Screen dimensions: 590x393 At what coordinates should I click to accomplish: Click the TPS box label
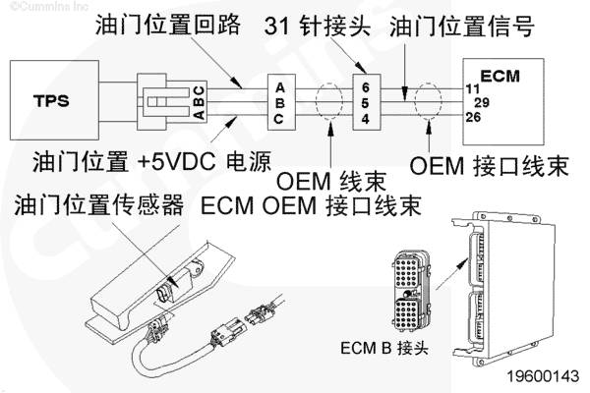[51, 100]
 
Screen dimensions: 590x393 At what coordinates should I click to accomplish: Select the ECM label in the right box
[501, 77]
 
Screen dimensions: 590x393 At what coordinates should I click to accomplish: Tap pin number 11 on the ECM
[473, 89]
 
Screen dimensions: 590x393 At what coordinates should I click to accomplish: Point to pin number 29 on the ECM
[482, 102]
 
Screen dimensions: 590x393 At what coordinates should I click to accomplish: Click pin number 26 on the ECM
[473, 117]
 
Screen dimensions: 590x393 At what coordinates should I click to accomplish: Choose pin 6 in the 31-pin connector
[366, 87]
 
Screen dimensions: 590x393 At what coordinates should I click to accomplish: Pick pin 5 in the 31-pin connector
[366, 103]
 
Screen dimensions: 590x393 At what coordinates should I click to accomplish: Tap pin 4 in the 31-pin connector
[366, 119]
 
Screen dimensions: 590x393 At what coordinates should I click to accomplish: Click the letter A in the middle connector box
[280, 88]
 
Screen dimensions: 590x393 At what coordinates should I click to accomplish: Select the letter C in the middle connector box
[279, 119]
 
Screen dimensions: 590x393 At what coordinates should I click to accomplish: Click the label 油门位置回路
[168, 25]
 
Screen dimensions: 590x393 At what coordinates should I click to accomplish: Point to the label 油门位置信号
[462, 27]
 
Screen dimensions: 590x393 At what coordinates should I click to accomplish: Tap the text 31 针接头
[318, 27]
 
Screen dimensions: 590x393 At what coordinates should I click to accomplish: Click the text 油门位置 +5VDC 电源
[151, 162]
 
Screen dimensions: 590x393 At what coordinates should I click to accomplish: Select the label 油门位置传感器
[99, 205]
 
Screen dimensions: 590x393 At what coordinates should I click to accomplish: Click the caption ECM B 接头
[384, 348]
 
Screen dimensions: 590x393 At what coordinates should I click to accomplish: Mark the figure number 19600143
[543, 376]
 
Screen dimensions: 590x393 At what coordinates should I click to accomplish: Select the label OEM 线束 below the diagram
[331, 182]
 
